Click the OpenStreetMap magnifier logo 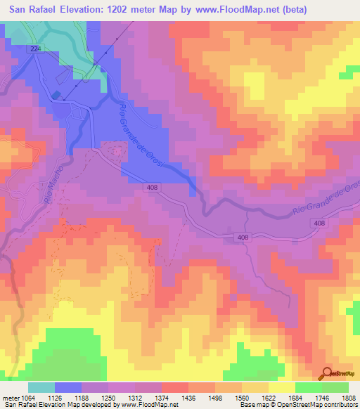click(x=327, y=373)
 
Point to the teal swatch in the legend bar click(x=41, y=387)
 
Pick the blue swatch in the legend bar click(x=69, y=387)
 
